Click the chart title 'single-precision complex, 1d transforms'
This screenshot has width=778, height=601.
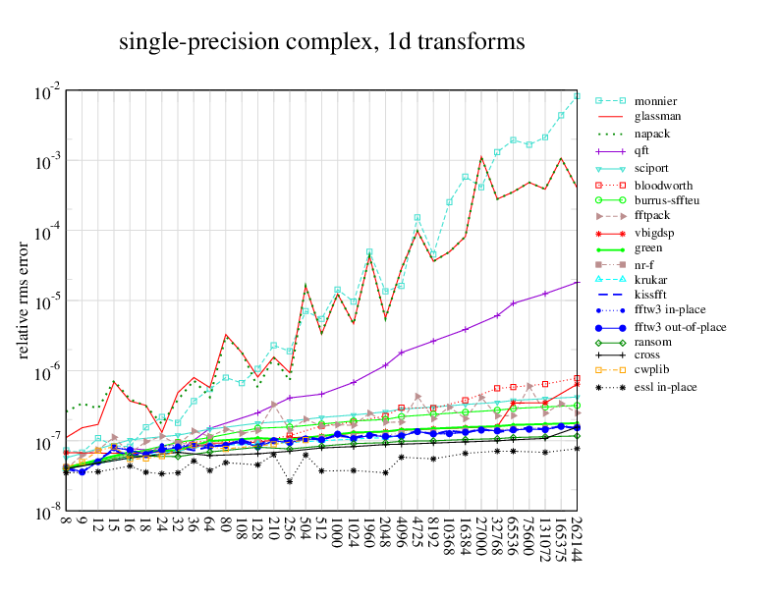tap(322, 42)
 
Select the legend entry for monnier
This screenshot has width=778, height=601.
tap(654, 101)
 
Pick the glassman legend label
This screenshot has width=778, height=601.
tap(658, 116)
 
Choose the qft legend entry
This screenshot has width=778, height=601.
tap(642, 151)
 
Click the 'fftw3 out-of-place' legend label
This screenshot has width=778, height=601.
tap(680, 326)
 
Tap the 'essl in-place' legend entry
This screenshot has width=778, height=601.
tap(665, 387)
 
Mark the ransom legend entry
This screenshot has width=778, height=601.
tap(653, 341)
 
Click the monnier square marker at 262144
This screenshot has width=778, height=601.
tap(578, 96)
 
